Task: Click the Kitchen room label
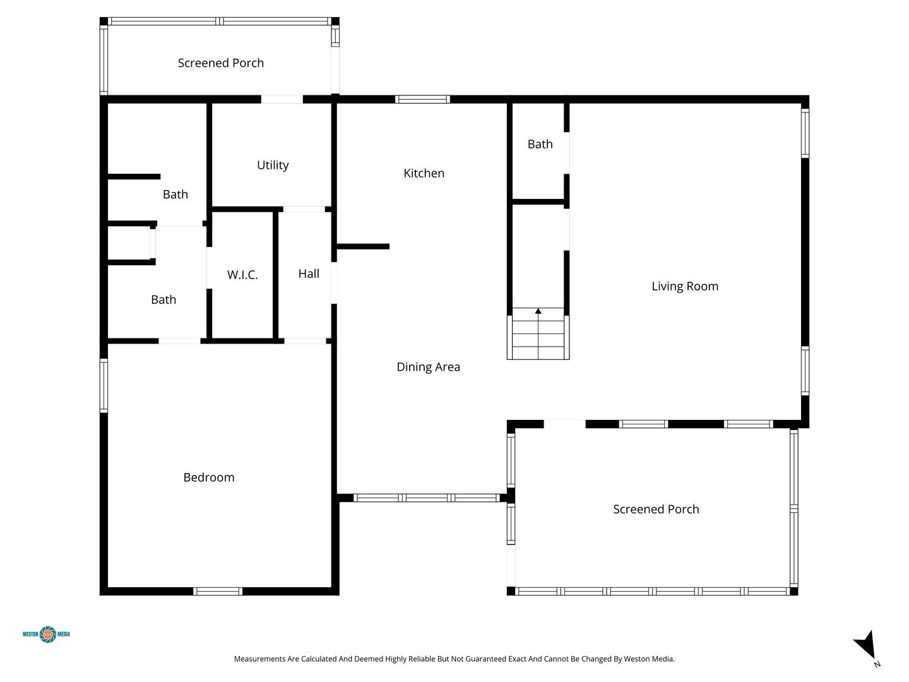point(424,173)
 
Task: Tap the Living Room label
point(684,286)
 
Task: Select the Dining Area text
point(428,367)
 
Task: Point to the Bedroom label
point(209,477)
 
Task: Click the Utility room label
point(273,165)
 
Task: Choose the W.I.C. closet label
point(242,275)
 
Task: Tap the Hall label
point(309,273)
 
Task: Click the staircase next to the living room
point(538,334)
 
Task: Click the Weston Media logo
point(46,634)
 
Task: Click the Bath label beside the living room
point(540,144)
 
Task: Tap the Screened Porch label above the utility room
point(221,63)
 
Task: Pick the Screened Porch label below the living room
point(656,510)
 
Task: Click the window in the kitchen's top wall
point(422,99)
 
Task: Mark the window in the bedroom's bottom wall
point(217,591)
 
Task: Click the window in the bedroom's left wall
point(104,385)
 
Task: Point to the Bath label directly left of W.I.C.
point(163,300)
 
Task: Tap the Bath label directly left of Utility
point(175,194)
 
